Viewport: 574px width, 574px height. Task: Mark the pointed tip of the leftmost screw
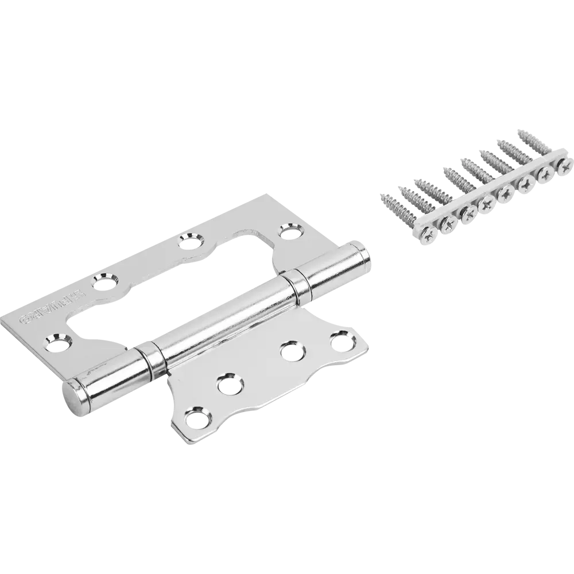381,197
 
